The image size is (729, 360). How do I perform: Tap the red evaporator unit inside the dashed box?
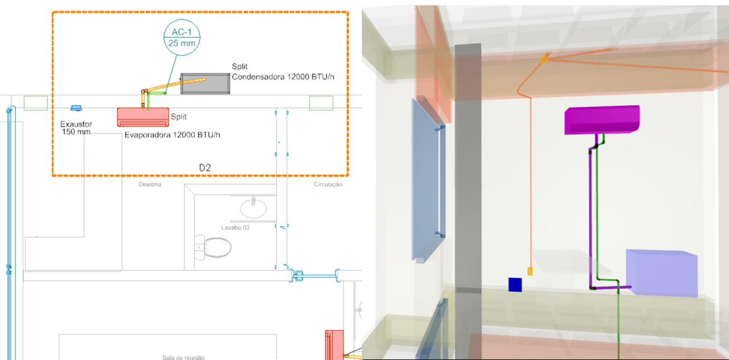pos(143,117)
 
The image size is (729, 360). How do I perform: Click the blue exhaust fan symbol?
pos(76,108)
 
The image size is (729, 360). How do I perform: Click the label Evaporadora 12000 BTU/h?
pos(172,135)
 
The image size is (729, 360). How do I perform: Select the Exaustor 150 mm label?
pos(76,128)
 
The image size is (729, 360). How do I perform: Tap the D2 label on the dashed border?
pos(205,168)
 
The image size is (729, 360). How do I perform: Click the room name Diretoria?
pos(150,185)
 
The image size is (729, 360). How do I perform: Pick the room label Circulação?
pos(328,185)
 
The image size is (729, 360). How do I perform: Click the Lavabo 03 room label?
pos(236,227)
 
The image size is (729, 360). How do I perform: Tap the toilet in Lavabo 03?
pos(214,247)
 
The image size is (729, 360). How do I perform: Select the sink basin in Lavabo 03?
pos(253,208)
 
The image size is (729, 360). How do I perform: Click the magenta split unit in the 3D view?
pos(601,120)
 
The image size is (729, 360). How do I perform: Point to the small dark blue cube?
pos(515,284)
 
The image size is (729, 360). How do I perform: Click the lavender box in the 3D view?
pos(662,273)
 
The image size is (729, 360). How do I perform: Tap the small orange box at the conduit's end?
pos(530,271)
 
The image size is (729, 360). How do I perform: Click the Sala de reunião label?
pos(183,357)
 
